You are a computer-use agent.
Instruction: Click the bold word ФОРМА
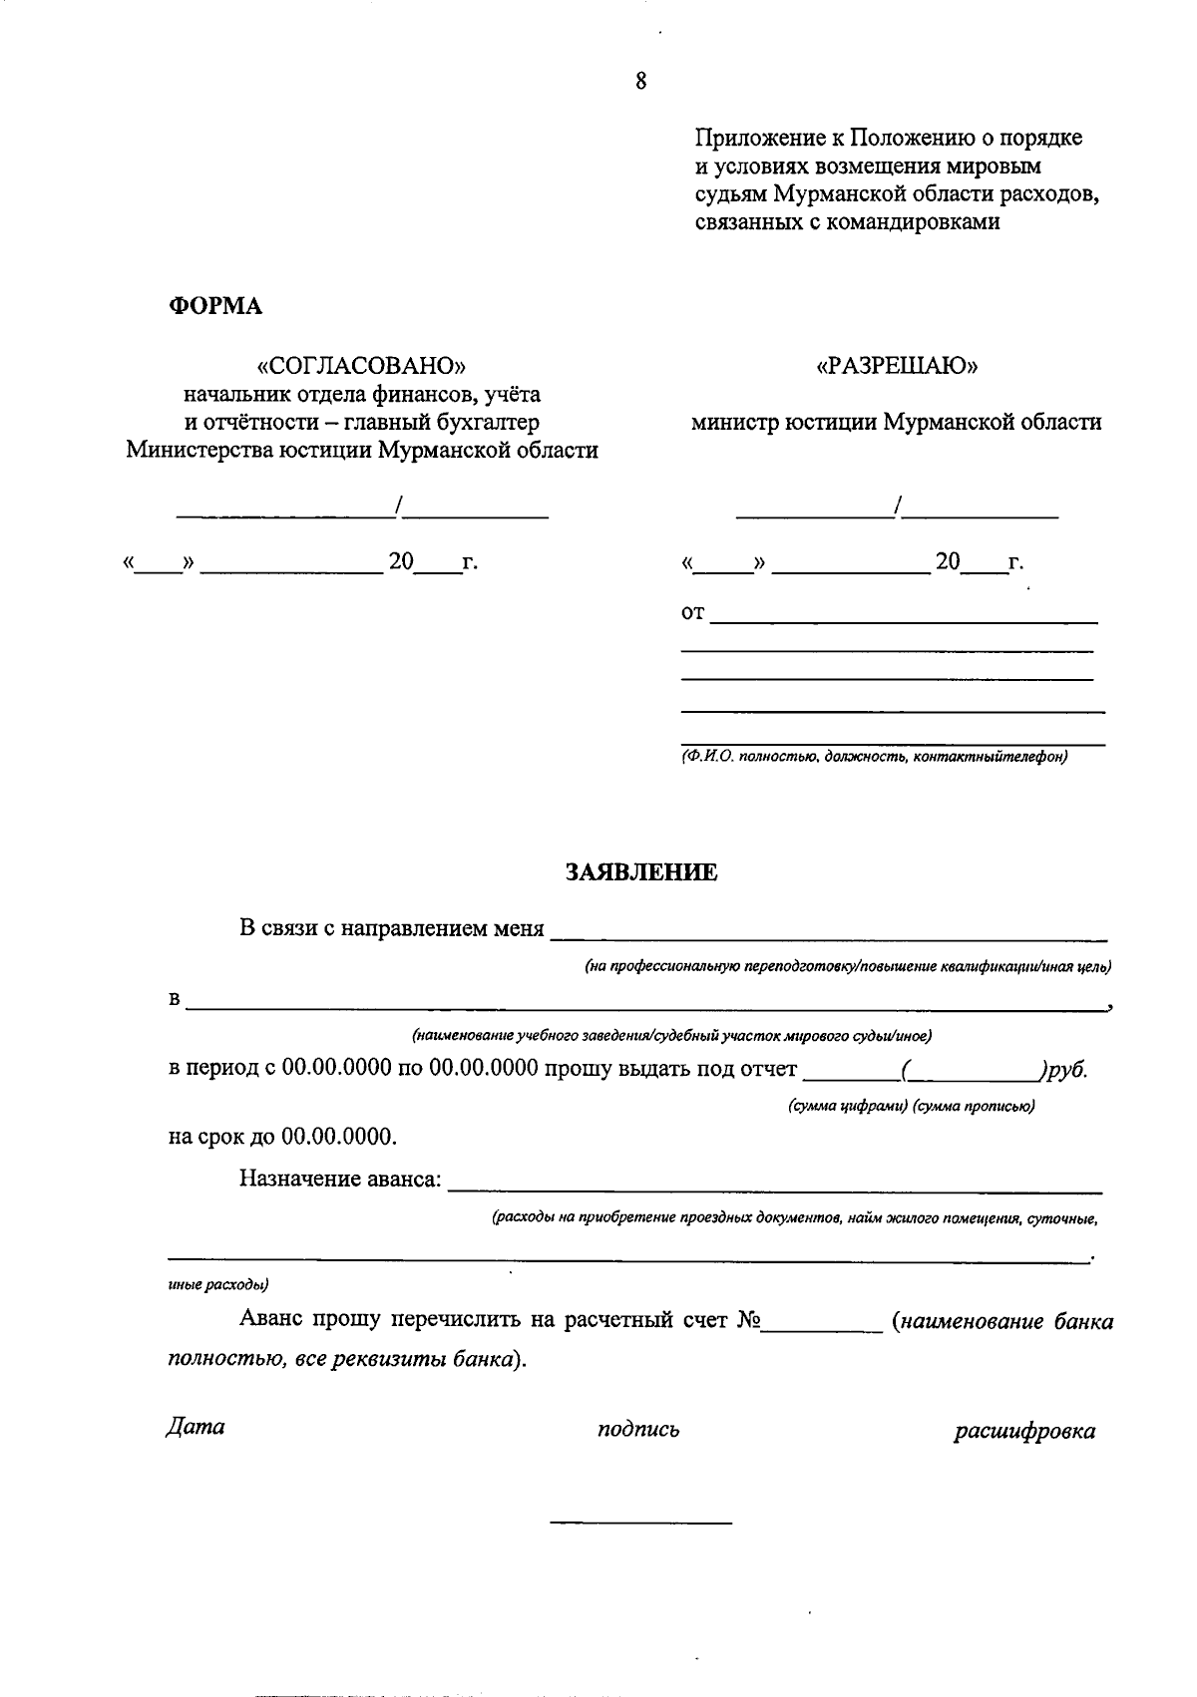(214, 306)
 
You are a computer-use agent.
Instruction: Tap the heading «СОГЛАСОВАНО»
(362, 365)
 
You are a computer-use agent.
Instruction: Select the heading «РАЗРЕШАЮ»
(897, 366)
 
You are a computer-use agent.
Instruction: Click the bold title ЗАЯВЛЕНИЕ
(641, 872)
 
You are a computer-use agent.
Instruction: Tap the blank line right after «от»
(903, 620)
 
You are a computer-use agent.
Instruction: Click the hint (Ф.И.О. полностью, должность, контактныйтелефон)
(874, 757)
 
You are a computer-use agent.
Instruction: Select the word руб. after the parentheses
(1066, 1070)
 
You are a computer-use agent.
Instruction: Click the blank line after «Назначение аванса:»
(775, 1187)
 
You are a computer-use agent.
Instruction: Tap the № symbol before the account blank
(749, 1322)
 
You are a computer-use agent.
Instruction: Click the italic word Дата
(196, 1427)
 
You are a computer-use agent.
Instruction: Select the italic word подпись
(638, 1430)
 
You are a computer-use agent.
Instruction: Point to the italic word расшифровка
(1024, 1432)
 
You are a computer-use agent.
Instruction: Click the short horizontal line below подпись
(640, 1523)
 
